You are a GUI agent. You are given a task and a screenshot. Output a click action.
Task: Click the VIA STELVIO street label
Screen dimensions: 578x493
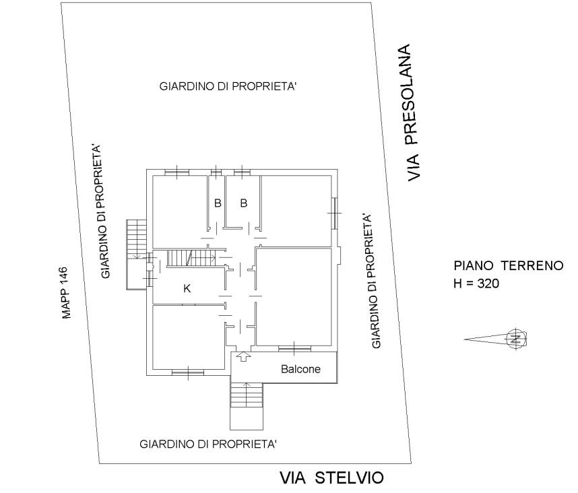331,478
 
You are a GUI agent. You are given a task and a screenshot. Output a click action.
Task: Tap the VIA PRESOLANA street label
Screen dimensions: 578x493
412,112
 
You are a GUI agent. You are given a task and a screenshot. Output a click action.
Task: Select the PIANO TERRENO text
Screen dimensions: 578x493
509,265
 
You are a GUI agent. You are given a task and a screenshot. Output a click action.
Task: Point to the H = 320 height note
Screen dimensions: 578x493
476,284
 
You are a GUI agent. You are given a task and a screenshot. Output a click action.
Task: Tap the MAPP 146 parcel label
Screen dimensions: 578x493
65,292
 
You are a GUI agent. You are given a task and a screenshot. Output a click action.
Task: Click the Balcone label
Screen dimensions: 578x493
300,369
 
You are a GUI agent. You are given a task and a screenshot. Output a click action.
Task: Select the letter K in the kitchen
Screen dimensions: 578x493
187,288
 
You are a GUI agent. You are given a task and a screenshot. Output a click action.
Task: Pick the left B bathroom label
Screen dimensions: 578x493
218,203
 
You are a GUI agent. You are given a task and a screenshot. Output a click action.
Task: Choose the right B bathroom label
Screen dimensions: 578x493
244,203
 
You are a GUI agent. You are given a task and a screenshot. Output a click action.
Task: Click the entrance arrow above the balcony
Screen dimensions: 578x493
243,357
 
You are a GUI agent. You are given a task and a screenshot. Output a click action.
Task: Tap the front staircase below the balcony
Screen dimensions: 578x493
247,406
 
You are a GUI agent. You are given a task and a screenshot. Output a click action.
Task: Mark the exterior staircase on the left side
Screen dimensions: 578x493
137,255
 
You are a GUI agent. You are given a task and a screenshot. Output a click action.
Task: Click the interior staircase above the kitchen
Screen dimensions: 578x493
192,258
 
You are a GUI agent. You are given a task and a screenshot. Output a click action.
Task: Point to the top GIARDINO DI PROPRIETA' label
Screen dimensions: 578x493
228,87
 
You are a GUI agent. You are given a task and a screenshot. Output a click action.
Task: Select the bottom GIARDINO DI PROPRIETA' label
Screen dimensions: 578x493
208,444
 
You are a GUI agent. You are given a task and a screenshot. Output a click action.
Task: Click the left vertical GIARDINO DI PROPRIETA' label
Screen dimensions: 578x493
100,211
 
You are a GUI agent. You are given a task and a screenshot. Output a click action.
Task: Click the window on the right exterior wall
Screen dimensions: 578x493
335,213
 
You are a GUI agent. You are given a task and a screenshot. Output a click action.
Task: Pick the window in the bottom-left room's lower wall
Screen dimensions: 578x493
188,373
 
